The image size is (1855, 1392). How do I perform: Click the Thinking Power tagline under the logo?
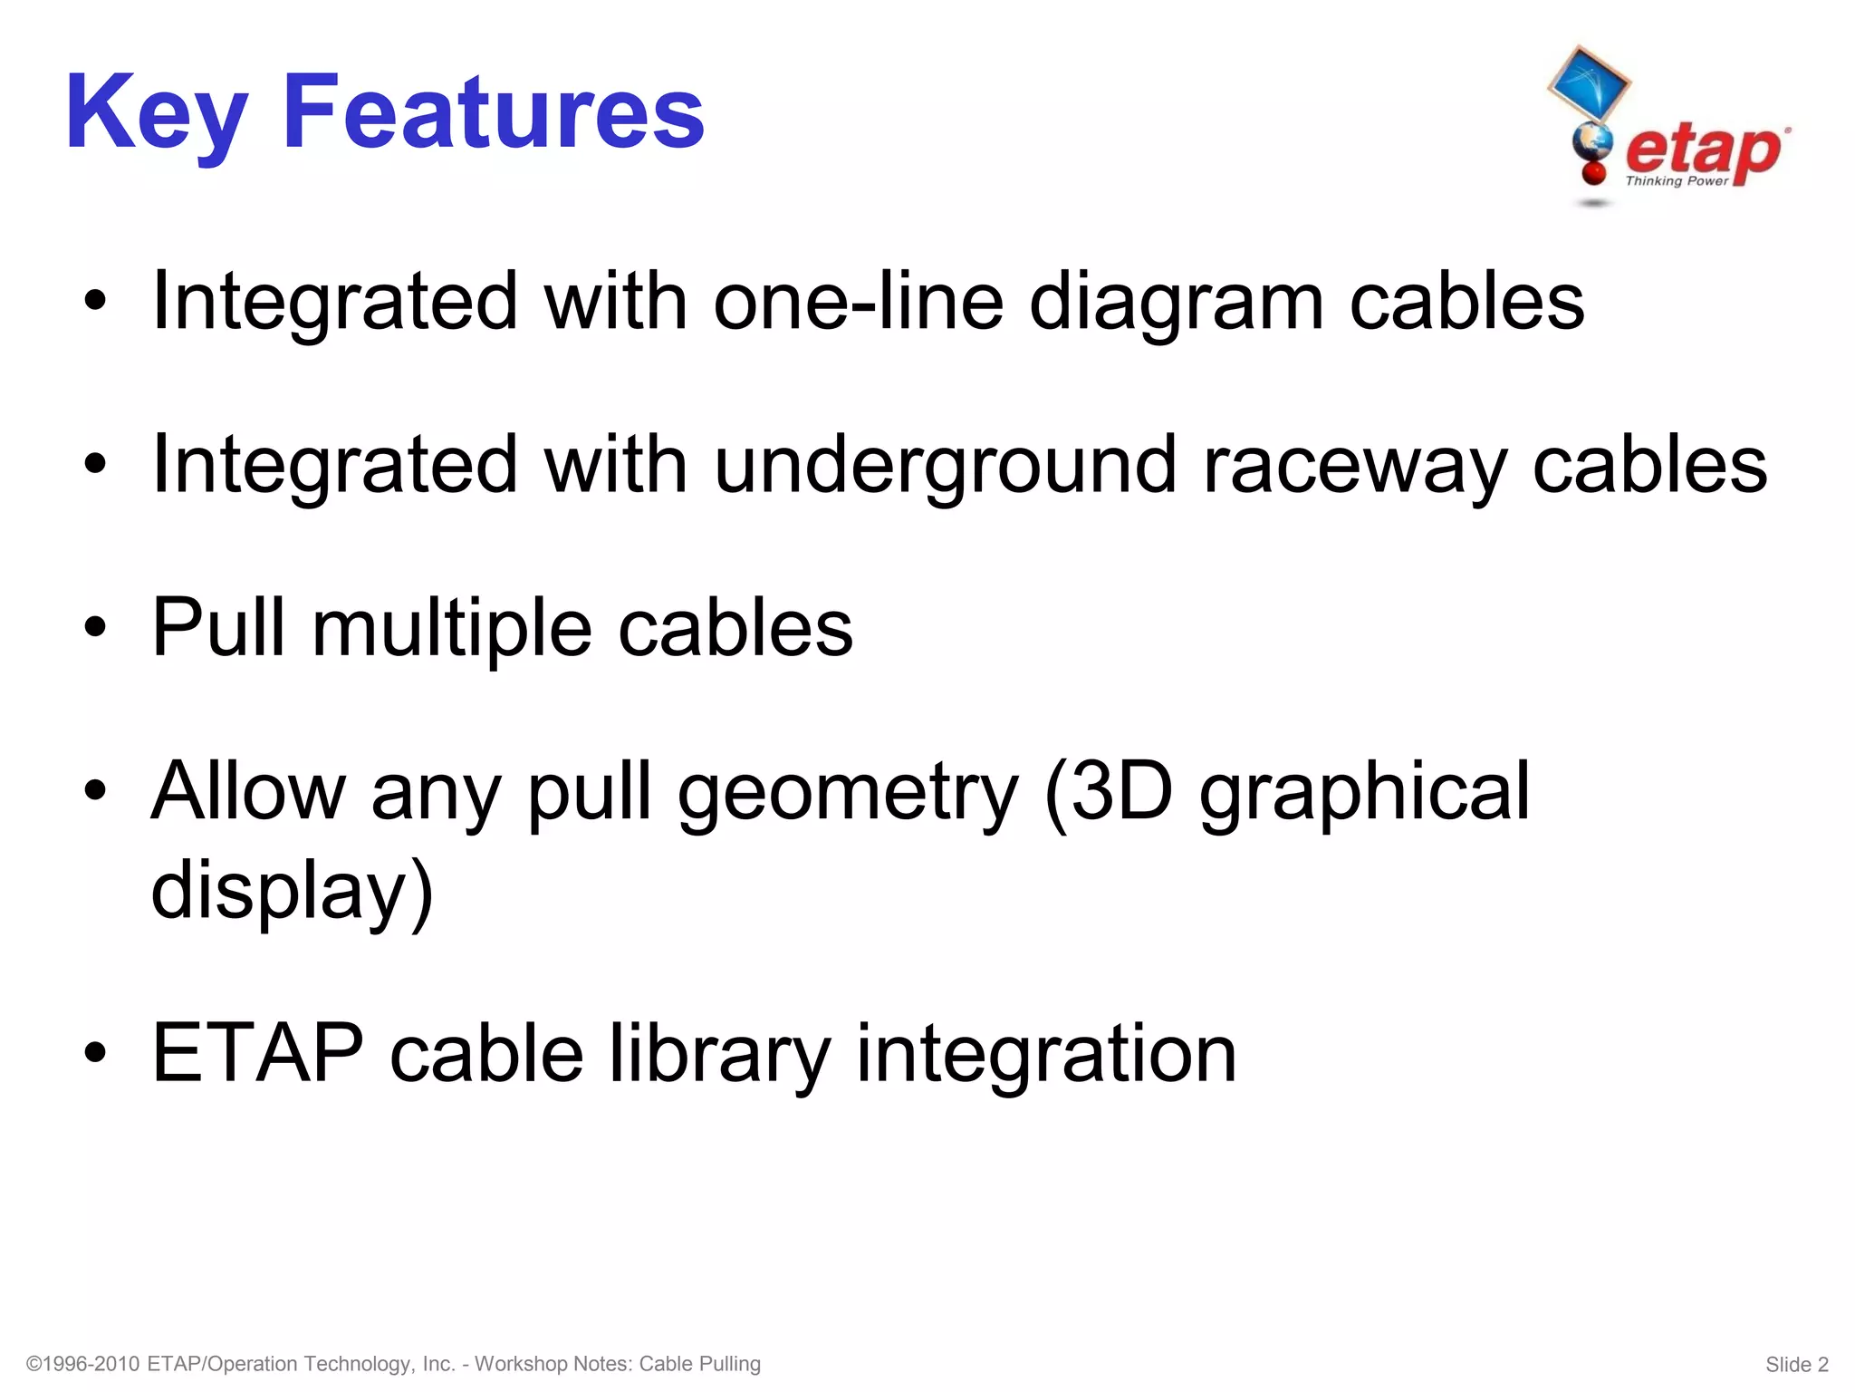point(1677,181)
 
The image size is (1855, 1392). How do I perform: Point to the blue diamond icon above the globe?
point(1587,83)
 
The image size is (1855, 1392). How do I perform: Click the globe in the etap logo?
point(1592,142)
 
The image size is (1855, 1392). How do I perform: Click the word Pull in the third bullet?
point(218,627)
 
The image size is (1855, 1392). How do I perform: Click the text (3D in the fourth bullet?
point(1108,792)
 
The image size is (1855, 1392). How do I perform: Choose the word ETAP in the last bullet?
point(257,1053)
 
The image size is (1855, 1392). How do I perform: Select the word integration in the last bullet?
point(1046,1053)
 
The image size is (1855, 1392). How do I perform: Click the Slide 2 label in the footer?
point(1797,1364)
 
